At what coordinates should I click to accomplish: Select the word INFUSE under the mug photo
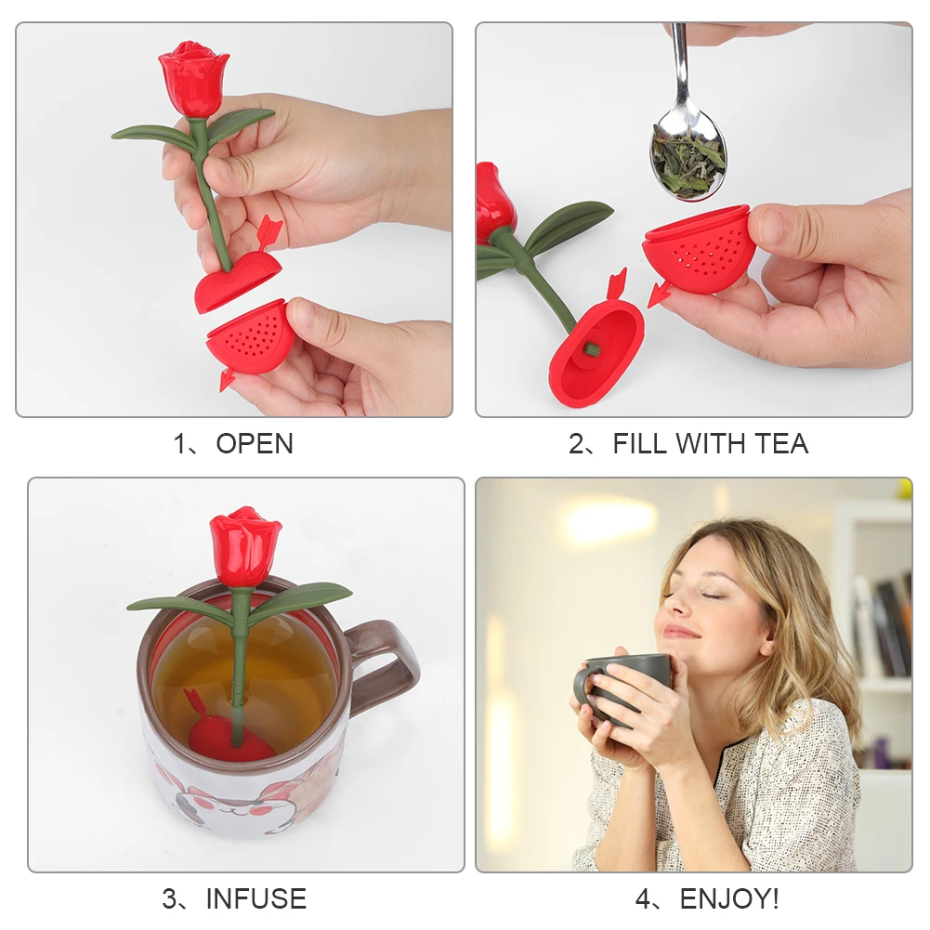[x=255, y=899]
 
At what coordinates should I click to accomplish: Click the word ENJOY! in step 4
[x=729, y=899]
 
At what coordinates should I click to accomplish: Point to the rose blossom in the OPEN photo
[x=193, y=79]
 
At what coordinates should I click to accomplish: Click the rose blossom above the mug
[x=244, y=547]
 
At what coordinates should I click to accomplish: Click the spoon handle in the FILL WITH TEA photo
[x=681, y=65]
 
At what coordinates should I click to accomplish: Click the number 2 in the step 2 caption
[x=576, y=444]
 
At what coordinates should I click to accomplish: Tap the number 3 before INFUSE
[x=171, y=899]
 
